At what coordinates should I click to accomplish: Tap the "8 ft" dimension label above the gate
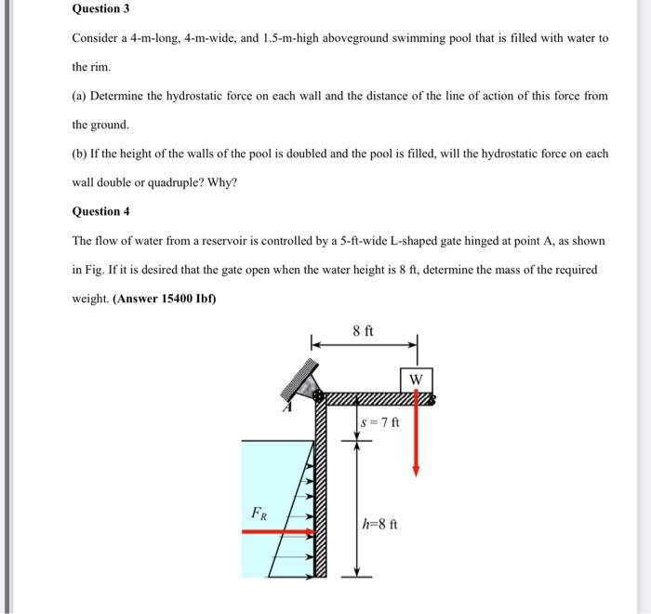coord(364,330)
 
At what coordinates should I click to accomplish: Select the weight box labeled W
coord(416,380)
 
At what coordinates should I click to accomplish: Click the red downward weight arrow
coord(416,437)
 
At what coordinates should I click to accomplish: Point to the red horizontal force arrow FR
coord(279,532)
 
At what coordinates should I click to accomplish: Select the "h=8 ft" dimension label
coord(380,523)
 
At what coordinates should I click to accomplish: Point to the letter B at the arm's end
coord(432,400)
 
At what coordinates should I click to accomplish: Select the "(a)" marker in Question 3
coord(80,96)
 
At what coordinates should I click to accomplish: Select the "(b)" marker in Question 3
coord(81,153)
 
